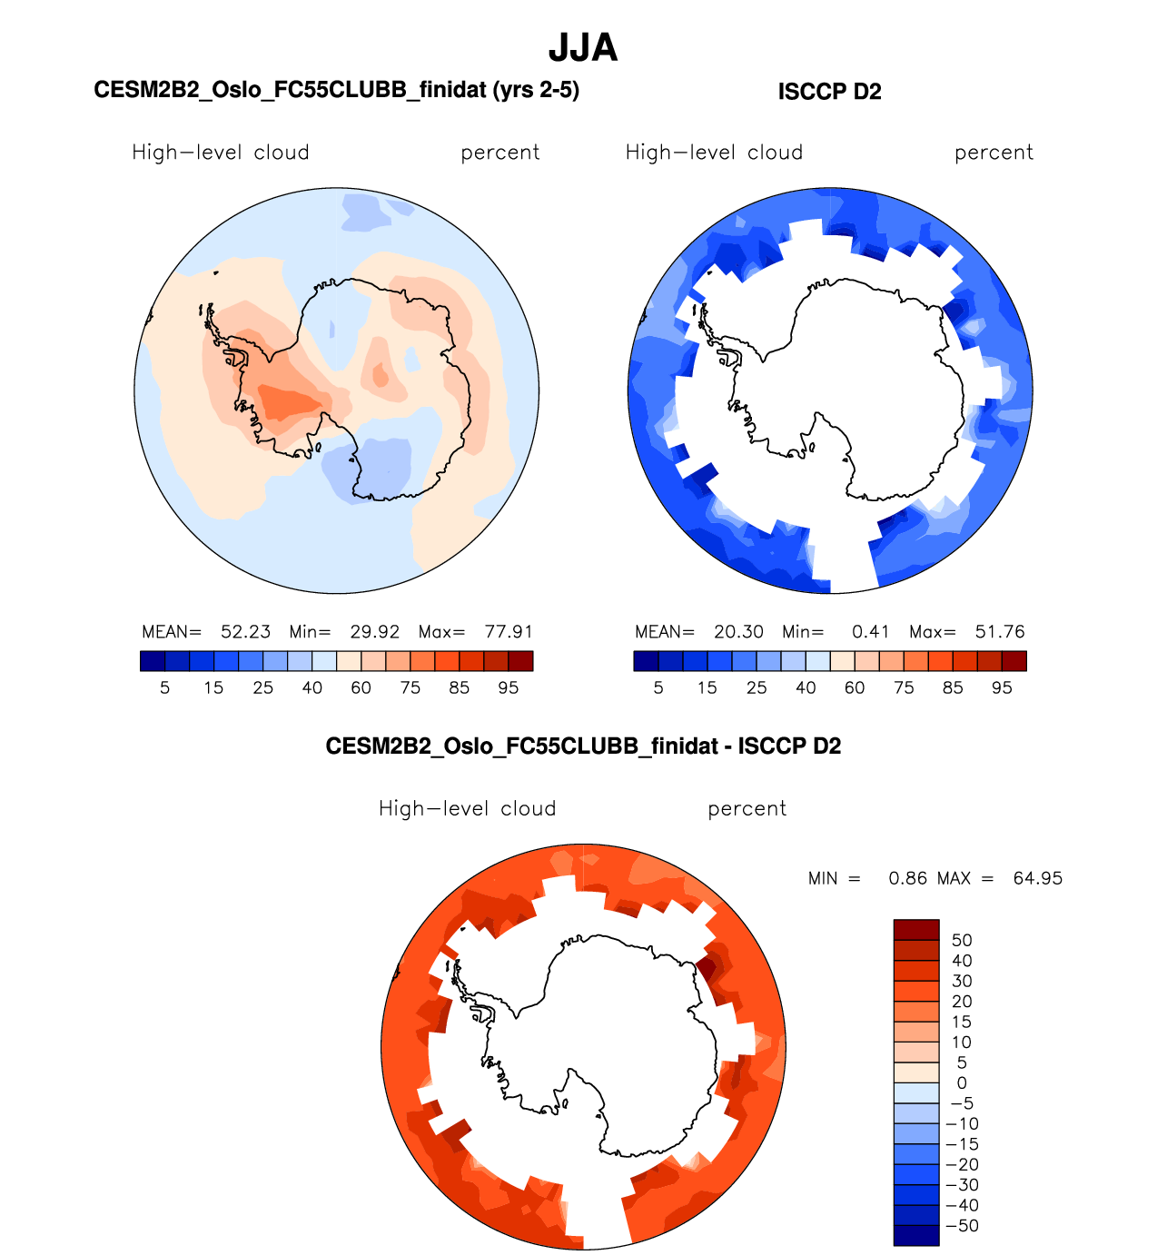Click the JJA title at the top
click(x=583, y=48)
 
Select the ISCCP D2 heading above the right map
click(x=829, y=92)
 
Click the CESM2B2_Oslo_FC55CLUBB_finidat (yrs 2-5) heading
click(x=336, y=90)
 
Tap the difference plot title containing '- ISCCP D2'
click(x=583, y=746)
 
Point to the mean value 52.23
click(x=245, y=632)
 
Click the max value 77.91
click(x=509, y=632)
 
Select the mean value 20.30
click(x=738, y=632)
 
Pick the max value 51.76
click(x=1000, y=632)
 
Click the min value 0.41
click(x=870, y=632)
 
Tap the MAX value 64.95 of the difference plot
click(x=1037, y=879)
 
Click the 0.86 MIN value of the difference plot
click(x=908, y=879)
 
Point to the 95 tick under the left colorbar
click(x=509, y=688)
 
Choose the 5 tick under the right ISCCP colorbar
click(x=658, y=688)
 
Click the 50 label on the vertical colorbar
click(x=962, y=941)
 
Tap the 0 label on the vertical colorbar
click(x=962, y=1083)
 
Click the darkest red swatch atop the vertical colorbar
click(x=916, y=930)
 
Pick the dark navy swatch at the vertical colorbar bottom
click(x=916, y=1235)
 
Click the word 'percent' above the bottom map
click(x=747, y=809)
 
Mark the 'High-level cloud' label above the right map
click(x=714, y=153)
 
